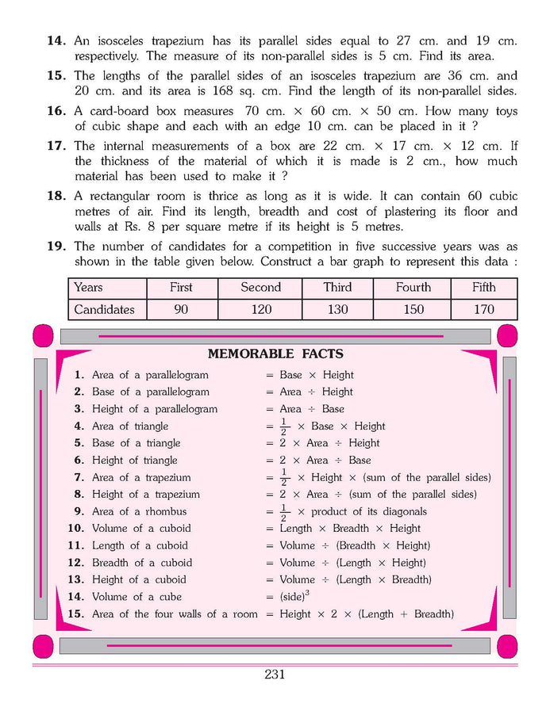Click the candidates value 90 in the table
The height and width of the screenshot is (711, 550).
(181, 309)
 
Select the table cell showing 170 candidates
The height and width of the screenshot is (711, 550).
(483, 309)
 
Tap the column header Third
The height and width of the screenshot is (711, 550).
(337, 288)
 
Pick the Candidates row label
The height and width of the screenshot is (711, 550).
(104, 309)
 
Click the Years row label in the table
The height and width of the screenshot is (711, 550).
(88, 288)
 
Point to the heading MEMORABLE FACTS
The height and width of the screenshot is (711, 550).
(275, 354)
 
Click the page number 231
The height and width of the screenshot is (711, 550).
(275, 675)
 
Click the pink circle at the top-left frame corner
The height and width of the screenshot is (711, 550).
(44, 334)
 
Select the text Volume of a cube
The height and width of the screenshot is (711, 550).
(137, 597)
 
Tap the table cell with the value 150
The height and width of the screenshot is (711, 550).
(413, 309)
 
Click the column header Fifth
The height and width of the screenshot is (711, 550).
(483, 288)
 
